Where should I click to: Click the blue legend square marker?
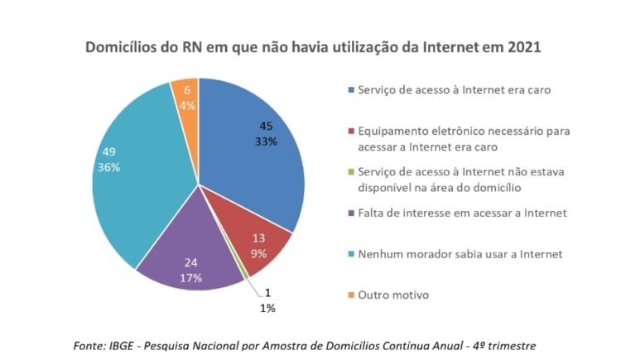[351, 89]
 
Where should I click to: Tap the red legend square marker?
[351, 132]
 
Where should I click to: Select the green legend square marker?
[351, 172]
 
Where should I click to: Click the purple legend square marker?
[351, 213]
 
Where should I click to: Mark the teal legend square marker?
[351, 253]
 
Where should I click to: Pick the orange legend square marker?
[351, 295]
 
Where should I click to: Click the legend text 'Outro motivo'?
[394, 295]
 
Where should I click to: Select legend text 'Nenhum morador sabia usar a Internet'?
[460, 253]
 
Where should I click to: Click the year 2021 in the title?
[522, 47]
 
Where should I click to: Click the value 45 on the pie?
[266, 126]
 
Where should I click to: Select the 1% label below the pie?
[267, 308]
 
